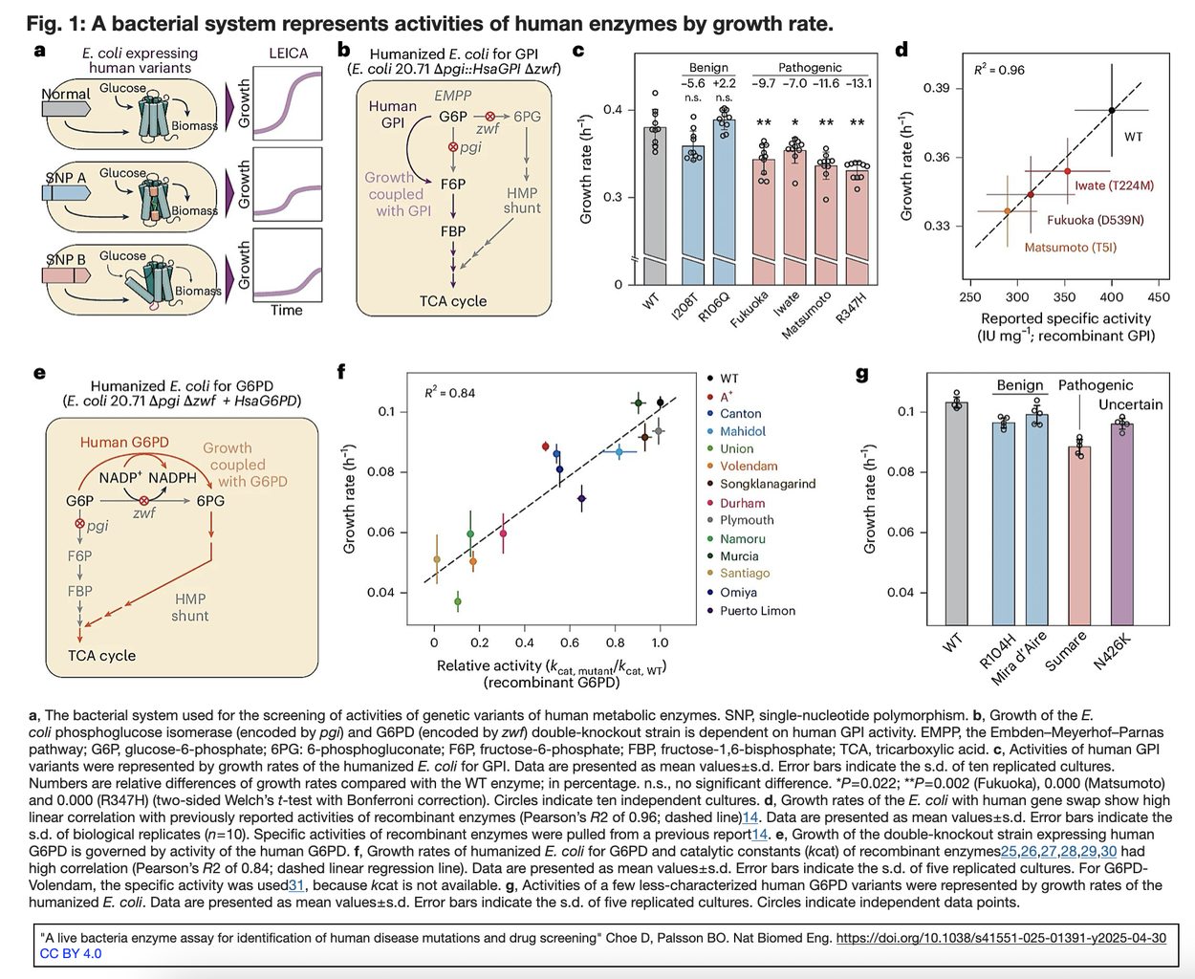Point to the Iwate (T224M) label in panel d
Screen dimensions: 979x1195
coord(1114,185)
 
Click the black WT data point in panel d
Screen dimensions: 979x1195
coord(1112,111)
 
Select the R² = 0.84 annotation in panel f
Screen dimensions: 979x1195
coord(449,393)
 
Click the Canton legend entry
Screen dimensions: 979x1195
coord(740,414)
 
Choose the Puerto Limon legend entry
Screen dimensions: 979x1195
coord(757,611)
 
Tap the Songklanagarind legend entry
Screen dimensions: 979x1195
coord(767,484)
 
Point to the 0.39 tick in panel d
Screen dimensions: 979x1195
coord(936,88)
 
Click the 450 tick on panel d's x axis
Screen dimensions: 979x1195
coord(1158,297)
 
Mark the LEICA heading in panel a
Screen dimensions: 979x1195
coord(288,54)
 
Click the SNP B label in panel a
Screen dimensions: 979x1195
coord(66,259)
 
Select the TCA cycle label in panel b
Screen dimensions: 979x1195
coord(453,301)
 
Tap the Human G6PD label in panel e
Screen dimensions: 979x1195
coord(124,442)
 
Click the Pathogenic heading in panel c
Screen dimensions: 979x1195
coord(810,68)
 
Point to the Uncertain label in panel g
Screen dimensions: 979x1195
coord(1130,404)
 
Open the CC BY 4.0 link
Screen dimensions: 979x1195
coord(71,953)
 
